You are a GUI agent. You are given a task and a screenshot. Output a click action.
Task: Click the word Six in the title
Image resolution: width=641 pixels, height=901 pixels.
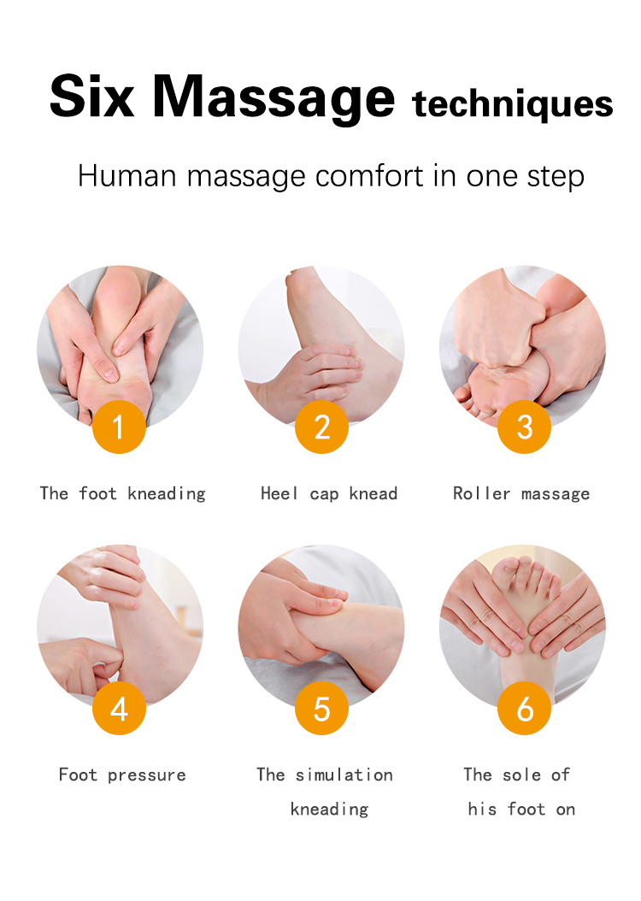tap(91, 96)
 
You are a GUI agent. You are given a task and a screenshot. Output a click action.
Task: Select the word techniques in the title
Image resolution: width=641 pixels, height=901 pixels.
tap(513, 104)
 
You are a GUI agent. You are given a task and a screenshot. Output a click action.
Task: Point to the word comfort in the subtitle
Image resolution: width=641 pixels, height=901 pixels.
tap(369, 175)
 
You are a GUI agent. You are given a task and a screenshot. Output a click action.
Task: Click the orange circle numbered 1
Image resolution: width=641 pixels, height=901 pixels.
tap(119, 427)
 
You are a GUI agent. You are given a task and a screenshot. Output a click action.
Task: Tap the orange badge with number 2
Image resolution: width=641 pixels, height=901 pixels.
tap(321, 427)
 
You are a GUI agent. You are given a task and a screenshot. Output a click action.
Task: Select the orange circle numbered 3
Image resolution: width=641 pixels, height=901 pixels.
tap(525, 427)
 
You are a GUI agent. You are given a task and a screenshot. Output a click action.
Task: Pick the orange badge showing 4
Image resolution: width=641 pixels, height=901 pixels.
tap(119, 708)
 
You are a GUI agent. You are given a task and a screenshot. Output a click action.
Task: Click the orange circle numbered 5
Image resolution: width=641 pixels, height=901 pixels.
tap(321, 708)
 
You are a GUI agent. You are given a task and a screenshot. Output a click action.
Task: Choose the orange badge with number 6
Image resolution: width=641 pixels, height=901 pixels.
tap(525, 708)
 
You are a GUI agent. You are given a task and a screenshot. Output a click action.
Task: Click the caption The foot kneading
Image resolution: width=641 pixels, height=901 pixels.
tap(122, 493)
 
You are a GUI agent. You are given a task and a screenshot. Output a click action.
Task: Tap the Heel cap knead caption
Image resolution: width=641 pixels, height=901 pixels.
tap(329, 493)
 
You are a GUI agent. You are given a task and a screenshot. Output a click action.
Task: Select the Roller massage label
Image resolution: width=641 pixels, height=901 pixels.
tap(521, 493)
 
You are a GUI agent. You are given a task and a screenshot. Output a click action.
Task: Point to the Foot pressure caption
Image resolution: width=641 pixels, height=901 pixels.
tap(122, 774)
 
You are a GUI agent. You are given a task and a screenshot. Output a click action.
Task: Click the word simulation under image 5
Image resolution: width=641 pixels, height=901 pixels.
tap(344, 774)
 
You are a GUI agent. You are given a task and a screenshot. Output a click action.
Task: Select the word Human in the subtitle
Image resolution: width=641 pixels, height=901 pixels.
tap(127, 175)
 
